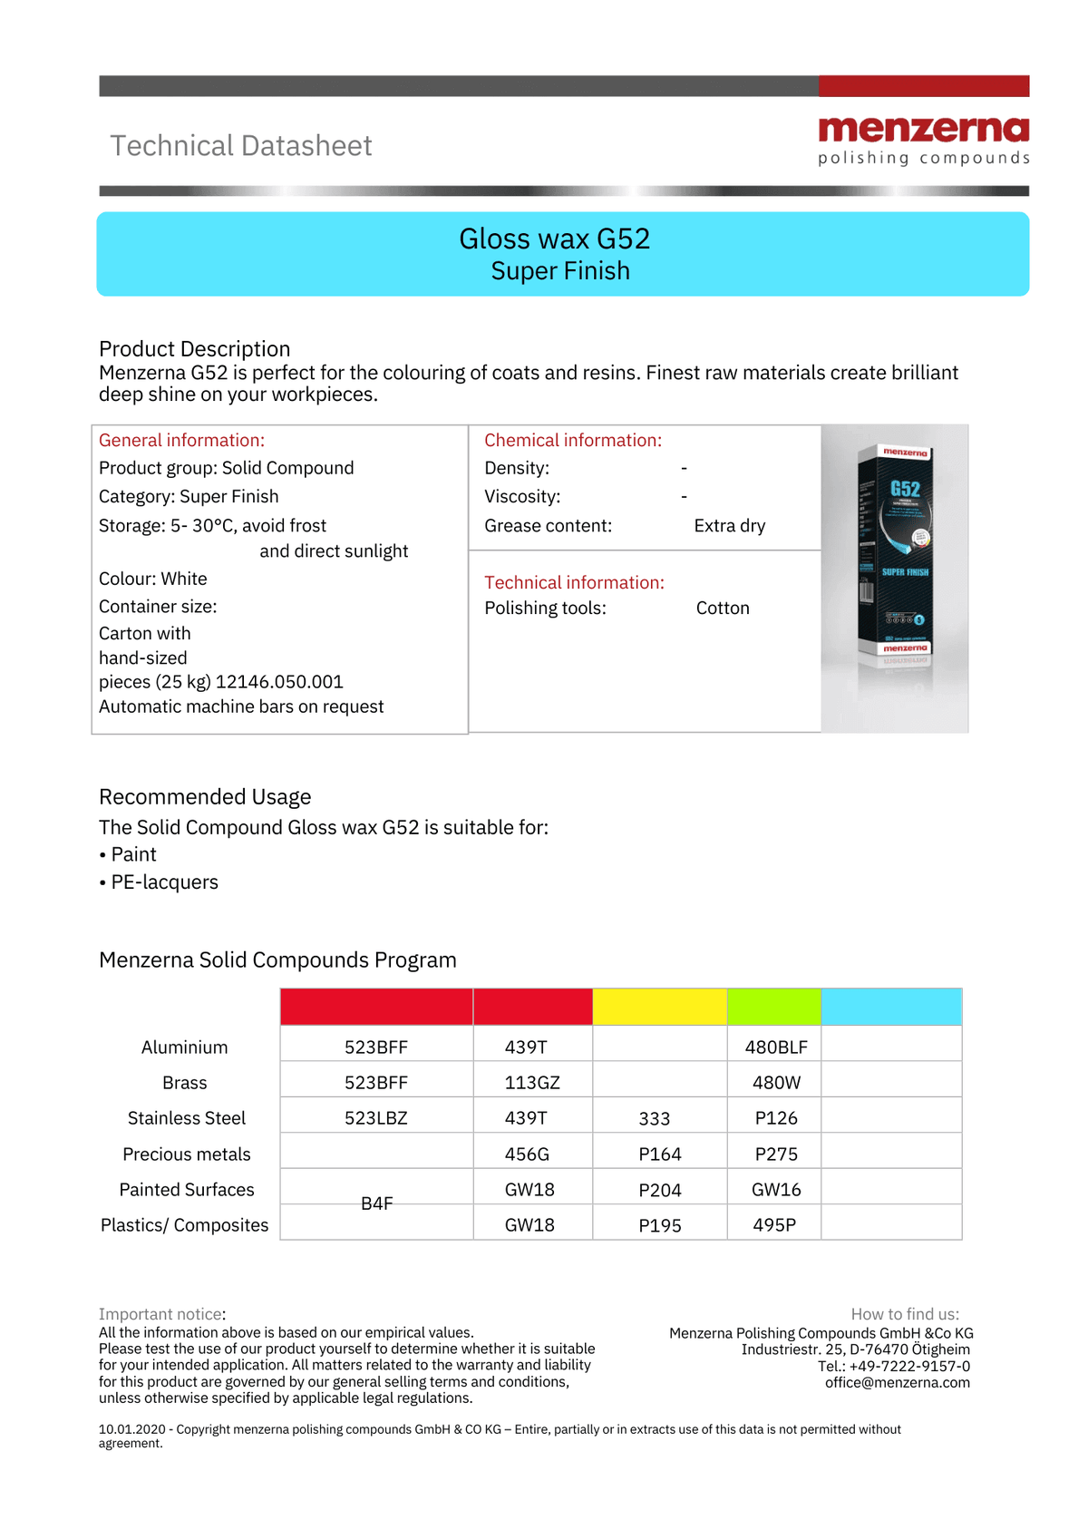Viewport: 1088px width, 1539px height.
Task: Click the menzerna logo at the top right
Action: tap(923, 140)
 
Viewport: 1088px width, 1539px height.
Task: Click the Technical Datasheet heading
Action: tap(241, 146)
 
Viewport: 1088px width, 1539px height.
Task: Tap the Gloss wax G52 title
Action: tap(554, 239)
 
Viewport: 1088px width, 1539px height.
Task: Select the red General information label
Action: tap(181, 441)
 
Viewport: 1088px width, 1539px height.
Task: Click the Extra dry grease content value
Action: tap(729, 526)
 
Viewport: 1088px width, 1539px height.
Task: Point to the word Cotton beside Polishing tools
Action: tap(723, 609)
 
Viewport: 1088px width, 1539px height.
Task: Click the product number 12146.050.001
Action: tap(279, 682)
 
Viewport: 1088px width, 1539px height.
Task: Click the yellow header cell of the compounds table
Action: tap(659, 1007)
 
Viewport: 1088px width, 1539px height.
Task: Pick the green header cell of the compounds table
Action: tap(773, 1007)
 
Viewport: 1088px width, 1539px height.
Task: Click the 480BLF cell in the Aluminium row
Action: tap(776, 1047)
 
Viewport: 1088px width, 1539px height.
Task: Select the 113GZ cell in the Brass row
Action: tap(532, 1083)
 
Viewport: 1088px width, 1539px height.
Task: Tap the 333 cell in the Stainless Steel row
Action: tap(654, 1119)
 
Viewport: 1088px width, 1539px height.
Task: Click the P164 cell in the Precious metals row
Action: tap(659, 1154)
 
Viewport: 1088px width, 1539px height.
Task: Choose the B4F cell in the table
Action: tap(376, 1203)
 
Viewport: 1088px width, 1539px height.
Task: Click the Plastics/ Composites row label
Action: tap(185, 1225)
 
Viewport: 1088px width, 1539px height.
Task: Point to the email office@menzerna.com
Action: tap(897, 1383)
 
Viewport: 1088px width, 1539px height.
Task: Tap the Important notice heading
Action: tap(162, 1314)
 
